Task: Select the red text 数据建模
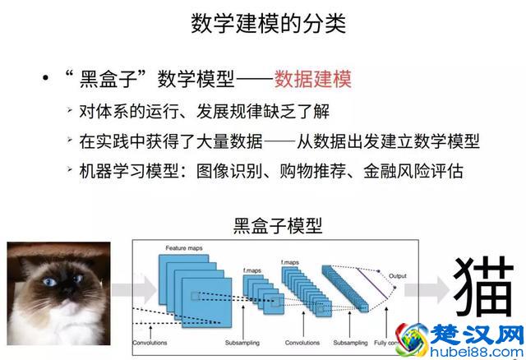click(312, 79)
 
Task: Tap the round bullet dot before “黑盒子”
click(45, 80)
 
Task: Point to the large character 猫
click(484, 288)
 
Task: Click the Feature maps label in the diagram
click(183, 247)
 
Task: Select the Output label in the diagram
click(399, 275)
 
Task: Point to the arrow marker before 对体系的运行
click(72, 111)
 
